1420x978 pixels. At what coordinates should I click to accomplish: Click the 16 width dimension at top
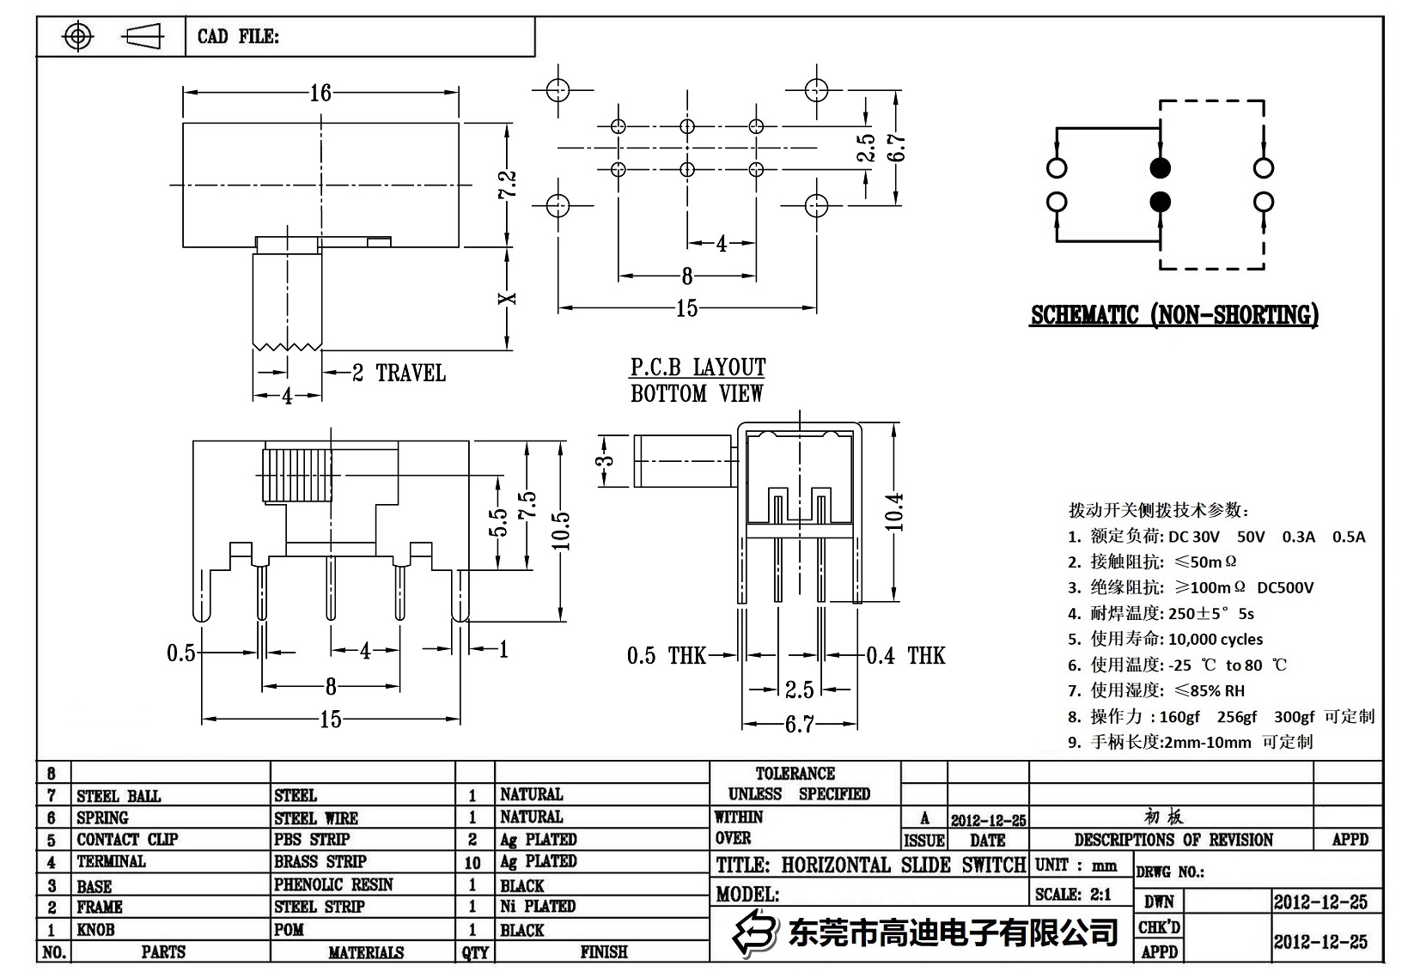pyautogui.click(x=320, y=92)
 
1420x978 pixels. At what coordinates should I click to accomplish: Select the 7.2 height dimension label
pyautogui.click(x=507, y=184)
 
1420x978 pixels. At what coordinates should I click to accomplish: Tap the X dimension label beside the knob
pyautogui.click(x=508, y=299)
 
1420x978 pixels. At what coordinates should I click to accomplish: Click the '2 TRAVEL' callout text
pyautogui.click(x=399, y=373)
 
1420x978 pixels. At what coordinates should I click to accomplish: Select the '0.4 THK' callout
pyautogui.click(x=905, y=656)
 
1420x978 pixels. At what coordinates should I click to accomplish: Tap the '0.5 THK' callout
pyautogui.click(x=666, y=656)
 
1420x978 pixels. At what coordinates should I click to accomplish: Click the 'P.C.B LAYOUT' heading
pyautogui.click(x=698, y=368)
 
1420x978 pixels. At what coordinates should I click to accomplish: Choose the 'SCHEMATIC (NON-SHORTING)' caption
pyautogui.click(x=1174, y=315)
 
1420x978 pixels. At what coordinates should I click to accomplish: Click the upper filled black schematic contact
pyautogui.click(x=1160, y=167)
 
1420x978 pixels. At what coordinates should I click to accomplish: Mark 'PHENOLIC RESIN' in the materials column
pyautogui.click(x=333, y=884)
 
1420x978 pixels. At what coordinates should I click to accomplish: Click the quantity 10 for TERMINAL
pyautogui.click(x=472, y=862)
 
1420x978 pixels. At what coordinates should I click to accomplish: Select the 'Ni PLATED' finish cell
pyautogui.click(x=538, y=906)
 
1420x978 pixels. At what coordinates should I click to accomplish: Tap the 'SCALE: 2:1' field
pyautogui.click(x=1073, y=894)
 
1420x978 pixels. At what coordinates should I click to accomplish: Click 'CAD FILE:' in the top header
pyautogui.click(x=238, y=36)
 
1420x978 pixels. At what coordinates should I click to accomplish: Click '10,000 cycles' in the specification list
pyautogui.click(x=1216, y=639)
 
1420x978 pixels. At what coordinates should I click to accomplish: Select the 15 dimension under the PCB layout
pyautogui.click(x=686, y=307)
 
